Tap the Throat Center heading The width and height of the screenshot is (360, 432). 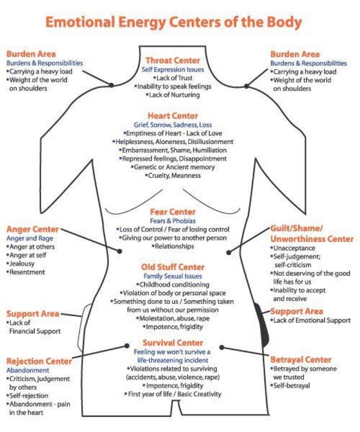pos(173,61)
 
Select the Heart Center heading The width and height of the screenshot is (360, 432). pos(172,116)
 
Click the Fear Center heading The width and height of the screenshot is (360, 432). pos(173,211)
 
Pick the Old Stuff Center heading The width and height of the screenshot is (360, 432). pos(172,267)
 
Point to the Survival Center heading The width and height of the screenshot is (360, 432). pos(172,343)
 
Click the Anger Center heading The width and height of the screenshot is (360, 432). pos(32,229)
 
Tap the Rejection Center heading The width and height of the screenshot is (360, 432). pos(39,361)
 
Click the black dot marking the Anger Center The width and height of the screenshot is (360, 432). pos(120,251)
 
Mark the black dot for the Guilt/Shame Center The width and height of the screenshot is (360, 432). pos(229,252)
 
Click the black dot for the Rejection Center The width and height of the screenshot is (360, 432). pos(127,346)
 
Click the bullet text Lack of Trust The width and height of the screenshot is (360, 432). pos(174,78)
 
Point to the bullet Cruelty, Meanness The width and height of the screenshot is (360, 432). pos(174,176)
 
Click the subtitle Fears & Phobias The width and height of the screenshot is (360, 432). pos(172,220)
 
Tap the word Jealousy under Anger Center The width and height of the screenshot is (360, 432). pos(22,264)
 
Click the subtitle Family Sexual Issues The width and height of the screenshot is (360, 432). pos(172,276)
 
